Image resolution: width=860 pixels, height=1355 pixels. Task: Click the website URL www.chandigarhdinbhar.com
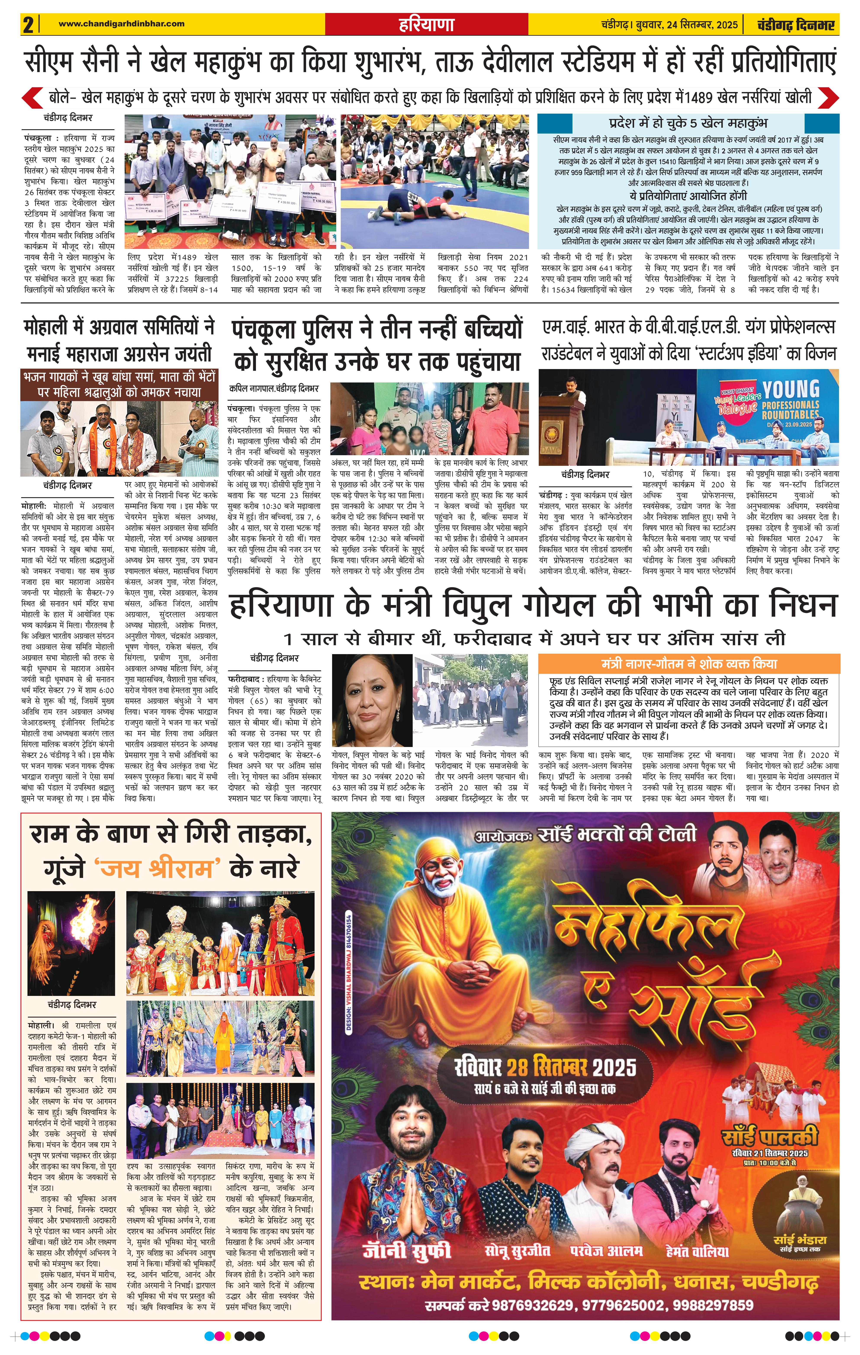[x=122, y=24]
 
